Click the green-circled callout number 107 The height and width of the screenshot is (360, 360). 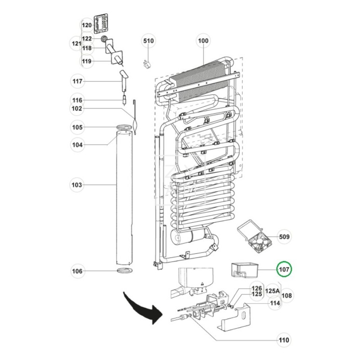(284, 270)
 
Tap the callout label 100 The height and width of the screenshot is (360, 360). (203, 41)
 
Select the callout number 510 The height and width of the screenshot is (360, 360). (148, 41)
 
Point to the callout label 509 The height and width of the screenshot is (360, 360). (284, 237)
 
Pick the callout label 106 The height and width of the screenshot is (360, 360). (77, 271)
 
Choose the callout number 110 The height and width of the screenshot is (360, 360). (283, 340)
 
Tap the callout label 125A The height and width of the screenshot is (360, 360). (273, 291)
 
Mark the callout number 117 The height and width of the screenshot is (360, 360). (77, 81)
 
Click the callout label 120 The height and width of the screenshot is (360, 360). (86, 25)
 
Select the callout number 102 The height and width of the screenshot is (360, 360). (77, 108)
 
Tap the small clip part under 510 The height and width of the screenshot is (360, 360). (146, 63)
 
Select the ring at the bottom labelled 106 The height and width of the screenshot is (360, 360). (125, 271)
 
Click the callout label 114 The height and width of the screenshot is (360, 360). (274, 303)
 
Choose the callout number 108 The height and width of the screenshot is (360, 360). (287, 296)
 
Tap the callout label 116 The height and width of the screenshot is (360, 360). (77, 100)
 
